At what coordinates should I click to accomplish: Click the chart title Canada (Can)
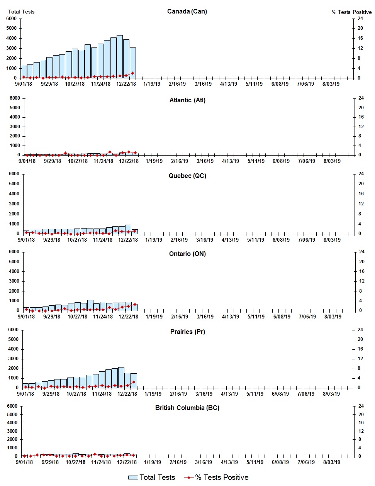(187, 11)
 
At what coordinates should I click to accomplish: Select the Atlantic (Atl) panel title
(187, 100)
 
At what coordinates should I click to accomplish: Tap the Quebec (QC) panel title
(187, 176)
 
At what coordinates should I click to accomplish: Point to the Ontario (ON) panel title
(187, 254)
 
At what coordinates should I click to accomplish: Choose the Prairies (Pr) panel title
(187, 332)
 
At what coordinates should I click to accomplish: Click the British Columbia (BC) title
(187, 408)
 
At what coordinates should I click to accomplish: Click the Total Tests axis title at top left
(21, 12)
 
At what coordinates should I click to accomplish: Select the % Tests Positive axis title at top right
(351, 12)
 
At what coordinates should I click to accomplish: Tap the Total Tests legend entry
(152, 478)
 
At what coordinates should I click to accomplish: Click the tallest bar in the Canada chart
(120, 57)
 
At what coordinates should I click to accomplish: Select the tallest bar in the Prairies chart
(121, 377)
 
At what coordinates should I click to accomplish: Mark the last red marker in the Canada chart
(132, 73)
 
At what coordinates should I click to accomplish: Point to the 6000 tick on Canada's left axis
(12, 19)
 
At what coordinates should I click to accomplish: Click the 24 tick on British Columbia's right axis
(361, 406)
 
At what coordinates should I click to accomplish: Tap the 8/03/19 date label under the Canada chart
(331, 84)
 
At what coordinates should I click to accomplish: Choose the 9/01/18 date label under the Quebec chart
(26, 240)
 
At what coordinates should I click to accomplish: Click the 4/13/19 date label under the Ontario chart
(231, 317)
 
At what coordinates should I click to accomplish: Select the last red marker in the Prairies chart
(134, 382)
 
